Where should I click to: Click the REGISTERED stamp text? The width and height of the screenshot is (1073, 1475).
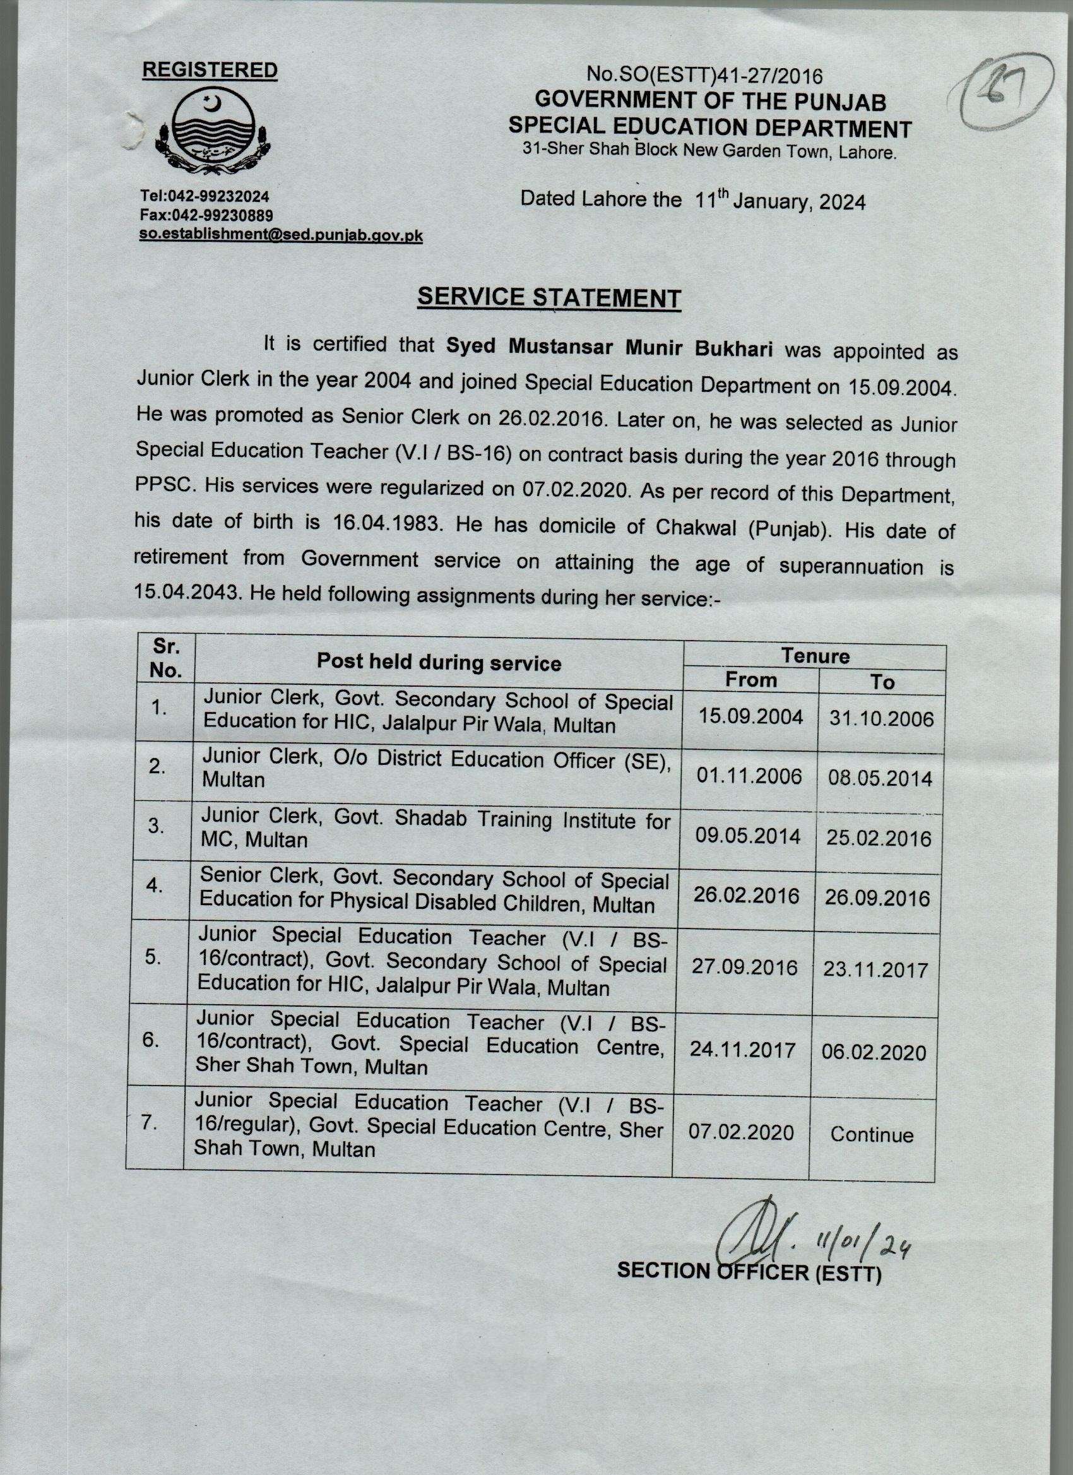(x=210, y=70)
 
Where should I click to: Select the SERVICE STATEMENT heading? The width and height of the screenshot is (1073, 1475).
(x=549, y=297)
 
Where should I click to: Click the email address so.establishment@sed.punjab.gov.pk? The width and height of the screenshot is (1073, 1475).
(x=281, y=235)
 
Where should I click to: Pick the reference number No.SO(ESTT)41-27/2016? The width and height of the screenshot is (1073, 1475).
(x=704, y=76)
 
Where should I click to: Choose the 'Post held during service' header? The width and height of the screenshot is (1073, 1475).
(x=438, y=663)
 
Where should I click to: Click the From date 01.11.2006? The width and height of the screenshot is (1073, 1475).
(x=749, y=776)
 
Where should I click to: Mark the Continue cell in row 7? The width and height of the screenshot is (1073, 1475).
(x=872, y=1134)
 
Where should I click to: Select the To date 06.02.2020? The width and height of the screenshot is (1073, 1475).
(x=874, y=1051)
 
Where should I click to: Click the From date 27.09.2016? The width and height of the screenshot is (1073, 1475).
(x=744, y=967)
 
